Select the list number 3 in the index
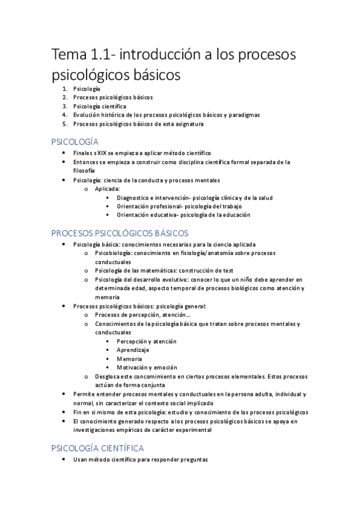64,106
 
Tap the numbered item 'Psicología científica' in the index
99,106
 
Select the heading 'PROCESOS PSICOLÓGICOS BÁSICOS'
120,233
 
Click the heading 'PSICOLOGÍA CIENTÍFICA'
97,448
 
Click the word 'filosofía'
85,170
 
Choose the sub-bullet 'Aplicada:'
107,188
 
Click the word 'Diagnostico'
135,197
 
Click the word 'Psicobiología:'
113,253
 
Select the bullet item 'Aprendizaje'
133,349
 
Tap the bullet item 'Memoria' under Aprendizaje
130,358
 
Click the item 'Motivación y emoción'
147,367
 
